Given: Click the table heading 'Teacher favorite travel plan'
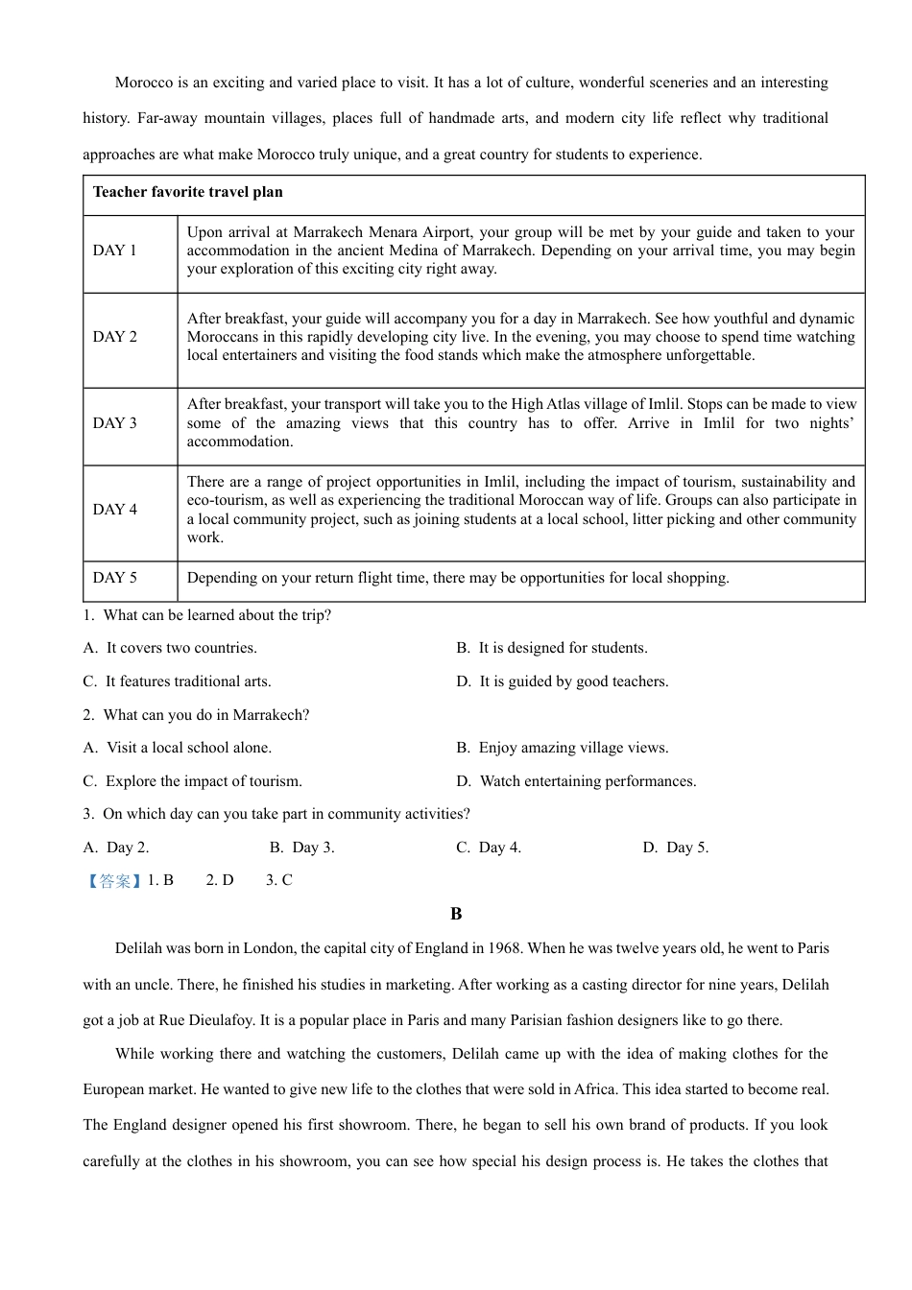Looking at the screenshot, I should (x=187, y=192).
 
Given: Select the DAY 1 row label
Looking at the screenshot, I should (x=114, y=251).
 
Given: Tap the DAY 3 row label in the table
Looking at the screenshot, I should (x=114, y=423).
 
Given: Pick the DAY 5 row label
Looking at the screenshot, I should (x=114, y=578).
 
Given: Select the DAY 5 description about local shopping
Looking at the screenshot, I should (x=458, y=578).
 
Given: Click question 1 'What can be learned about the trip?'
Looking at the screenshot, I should (x=216, y=615).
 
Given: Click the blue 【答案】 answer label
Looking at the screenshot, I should (x=114, y=880).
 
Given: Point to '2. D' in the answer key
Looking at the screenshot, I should (x=219, y=880).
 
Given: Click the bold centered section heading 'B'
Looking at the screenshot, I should (x=456, y=914).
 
